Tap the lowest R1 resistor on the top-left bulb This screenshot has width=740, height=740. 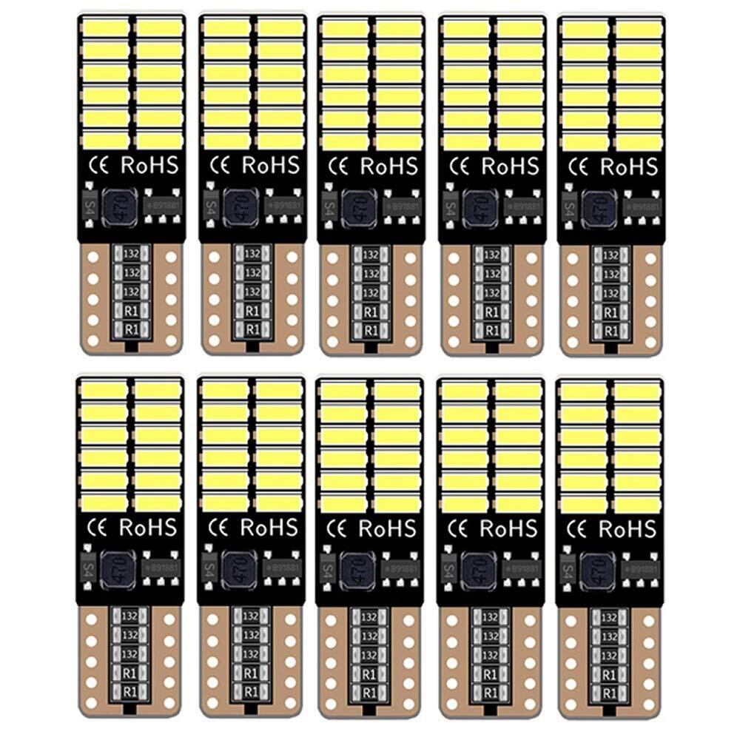131,328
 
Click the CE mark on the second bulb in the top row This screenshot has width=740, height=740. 219,164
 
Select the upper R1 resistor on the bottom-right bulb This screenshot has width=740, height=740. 609,674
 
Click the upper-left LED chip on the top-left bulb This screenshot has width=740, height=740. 104,27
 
